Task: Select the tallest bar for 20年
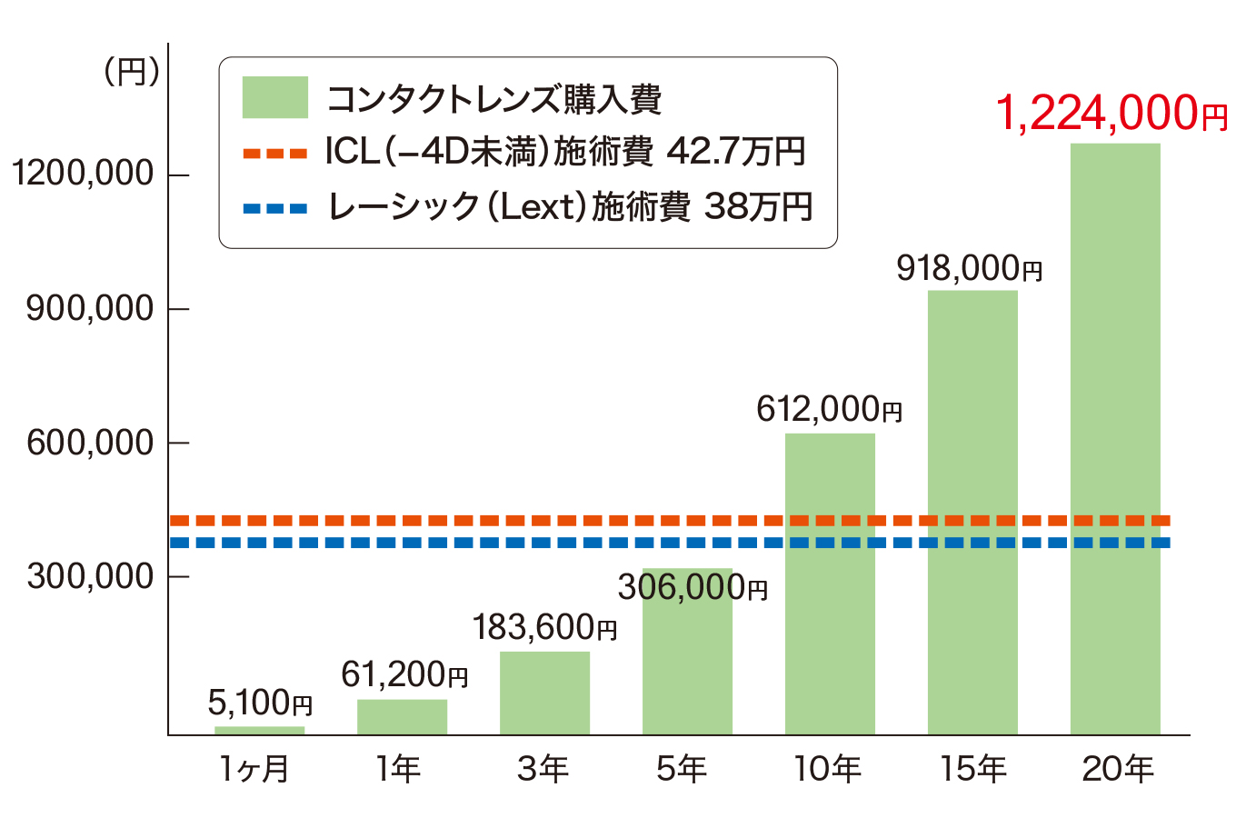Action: (x=1115, y=436)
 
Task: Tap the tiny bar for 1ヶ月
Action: (x=259, y=730)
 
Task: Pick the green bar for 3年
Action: (x=544, y=693)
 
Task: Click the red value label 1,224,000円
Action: (x=1111, y=115)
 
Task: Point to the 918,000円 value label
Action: (x=969, y=269)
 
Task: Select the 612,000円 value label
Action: (x=829, y=410)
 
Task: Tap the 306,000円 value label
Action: (x=693, y=588)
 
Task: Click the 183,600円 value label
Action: (x=544, y=627)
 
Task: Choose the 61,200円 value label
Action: (x=404, y=674)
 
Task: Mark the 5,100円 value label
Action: (x=260, y=703)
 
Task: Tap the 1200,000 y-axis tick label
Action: (x=83, y=174)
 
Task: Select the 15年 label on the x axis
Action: (x=972, y=770)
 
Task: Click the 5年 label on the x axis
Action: (x=682, y=770)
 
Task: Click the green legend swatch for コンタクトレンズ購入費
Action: (x=274, y=97)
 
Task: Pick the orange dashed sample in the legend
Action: (x=274, y=154)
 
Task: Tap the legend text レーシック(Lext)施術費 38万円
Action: (x=569, y=207)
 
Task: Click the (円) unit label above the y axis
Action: (x=132, y=72)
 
